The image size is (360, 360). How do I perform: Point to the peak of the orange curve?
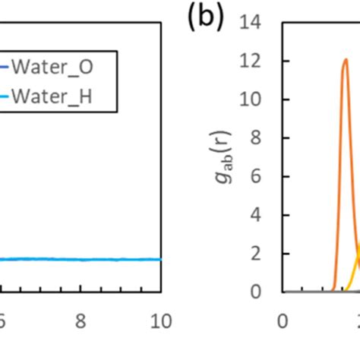346,59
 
